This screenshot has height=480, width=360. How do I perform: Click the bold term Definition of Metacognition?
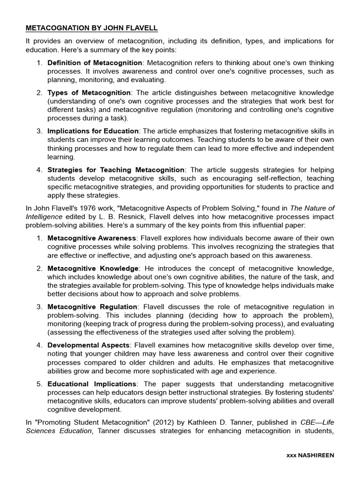coord(95,63)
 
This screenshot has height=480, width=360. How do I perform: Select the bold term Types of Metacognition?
coord(89,93)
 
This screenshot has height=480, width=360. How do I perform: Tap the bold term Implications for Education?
coord(93,131)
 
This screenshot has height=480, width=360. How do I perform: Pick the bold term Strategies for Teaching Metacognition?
coord(116,170)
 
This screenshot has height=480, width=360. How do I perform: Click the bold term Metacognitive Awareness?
coord(92,238)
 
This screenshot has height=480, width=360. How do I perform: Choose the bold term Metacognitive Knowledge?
coord(93,269)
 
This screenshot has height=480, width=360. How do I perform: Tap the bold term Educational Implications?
coord(92,384)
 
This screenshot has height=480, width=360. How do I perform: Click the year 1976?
coord(86,208)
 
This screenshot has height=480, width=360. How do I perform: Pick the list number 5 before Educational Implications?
coord(39,384)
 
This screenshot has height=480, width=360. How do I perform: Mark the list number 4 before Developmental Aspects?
coord(39,345)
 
